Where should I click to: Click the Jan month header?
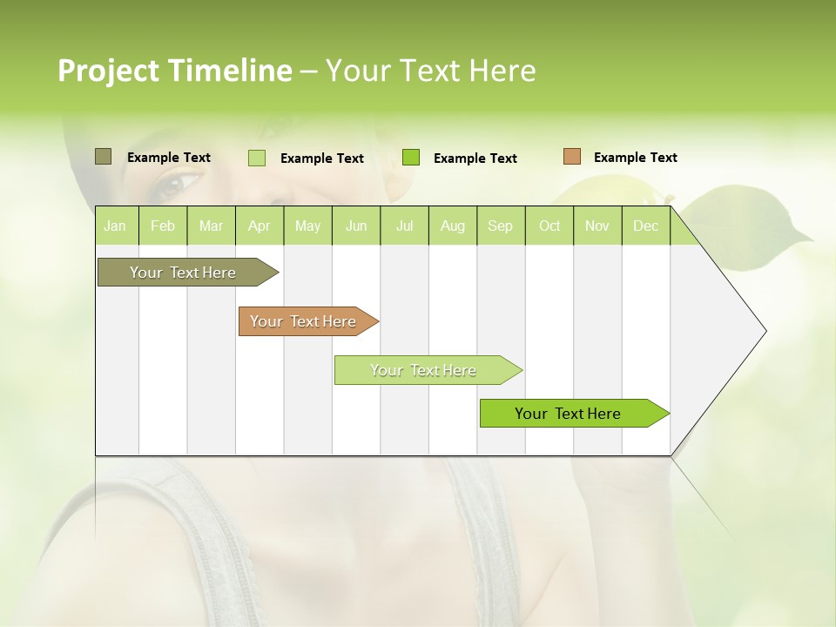click(115, 226)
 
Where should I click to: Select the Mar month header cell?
click(211, 226)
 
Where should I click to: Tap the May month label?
click(307, 226)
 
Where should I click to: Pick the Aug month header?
click(452, 226)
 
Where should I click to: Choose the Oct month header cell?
click(549, 226)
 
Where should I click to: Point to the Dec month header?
click(645, 226)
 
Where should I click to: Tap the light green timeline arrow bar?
click(426, 370)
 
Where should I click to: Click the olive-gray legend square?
click(104, 157)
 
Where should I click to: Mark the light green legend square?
click(257, 158)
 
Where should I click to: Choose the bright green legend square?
click(411, 158)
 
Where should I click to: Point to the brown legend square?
click(572, 157)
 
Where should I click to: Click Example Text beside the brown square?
click(635, 158)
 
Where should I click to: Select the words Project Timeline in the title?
click(175, 71)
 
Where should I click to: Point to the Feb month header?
click(163, 226)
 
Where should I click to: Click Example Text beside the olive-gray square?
click(169, 158)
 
